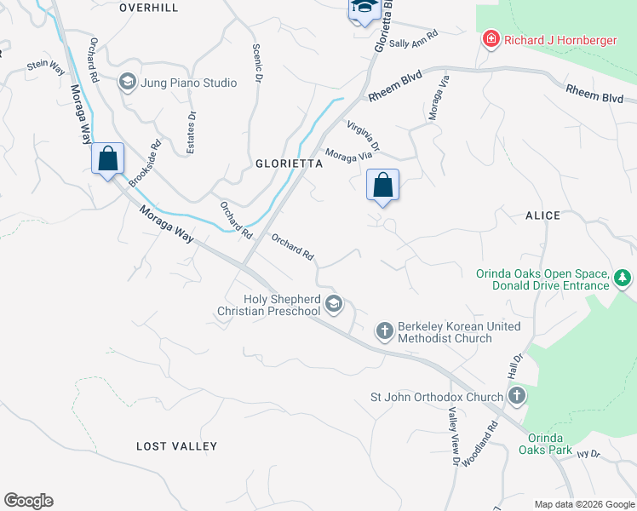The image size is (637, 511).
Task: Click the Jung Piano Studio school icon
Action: click(127, 83)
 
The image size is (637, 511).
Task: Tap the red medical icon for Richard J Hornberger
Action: click(490, 40)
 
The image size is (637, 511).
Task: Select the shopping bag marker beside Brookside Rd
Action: click(107, 158)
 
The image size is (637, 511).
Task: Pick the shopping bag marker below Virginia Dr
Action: click(382, 184)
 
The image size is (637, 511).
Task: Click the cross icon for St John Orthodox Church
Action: click(516, 396)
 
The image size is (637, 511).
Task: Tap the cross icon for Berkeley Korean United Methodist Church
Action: click(384, 330)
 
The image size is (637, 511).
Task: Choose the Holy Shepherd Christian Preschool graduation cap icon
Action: click(334, 304)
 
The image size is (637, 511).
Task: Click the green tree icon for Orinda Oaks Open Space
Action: click(623, 278)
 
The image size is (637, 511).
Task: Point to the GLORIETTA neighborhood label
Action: click(290, 164)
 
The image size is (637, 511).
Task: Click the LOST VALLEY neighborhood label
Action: click(177, 446)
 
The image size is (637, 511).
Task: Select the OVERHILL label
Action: click(149, 7)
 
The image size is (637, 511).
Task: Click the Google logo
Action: click(28, 501)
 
